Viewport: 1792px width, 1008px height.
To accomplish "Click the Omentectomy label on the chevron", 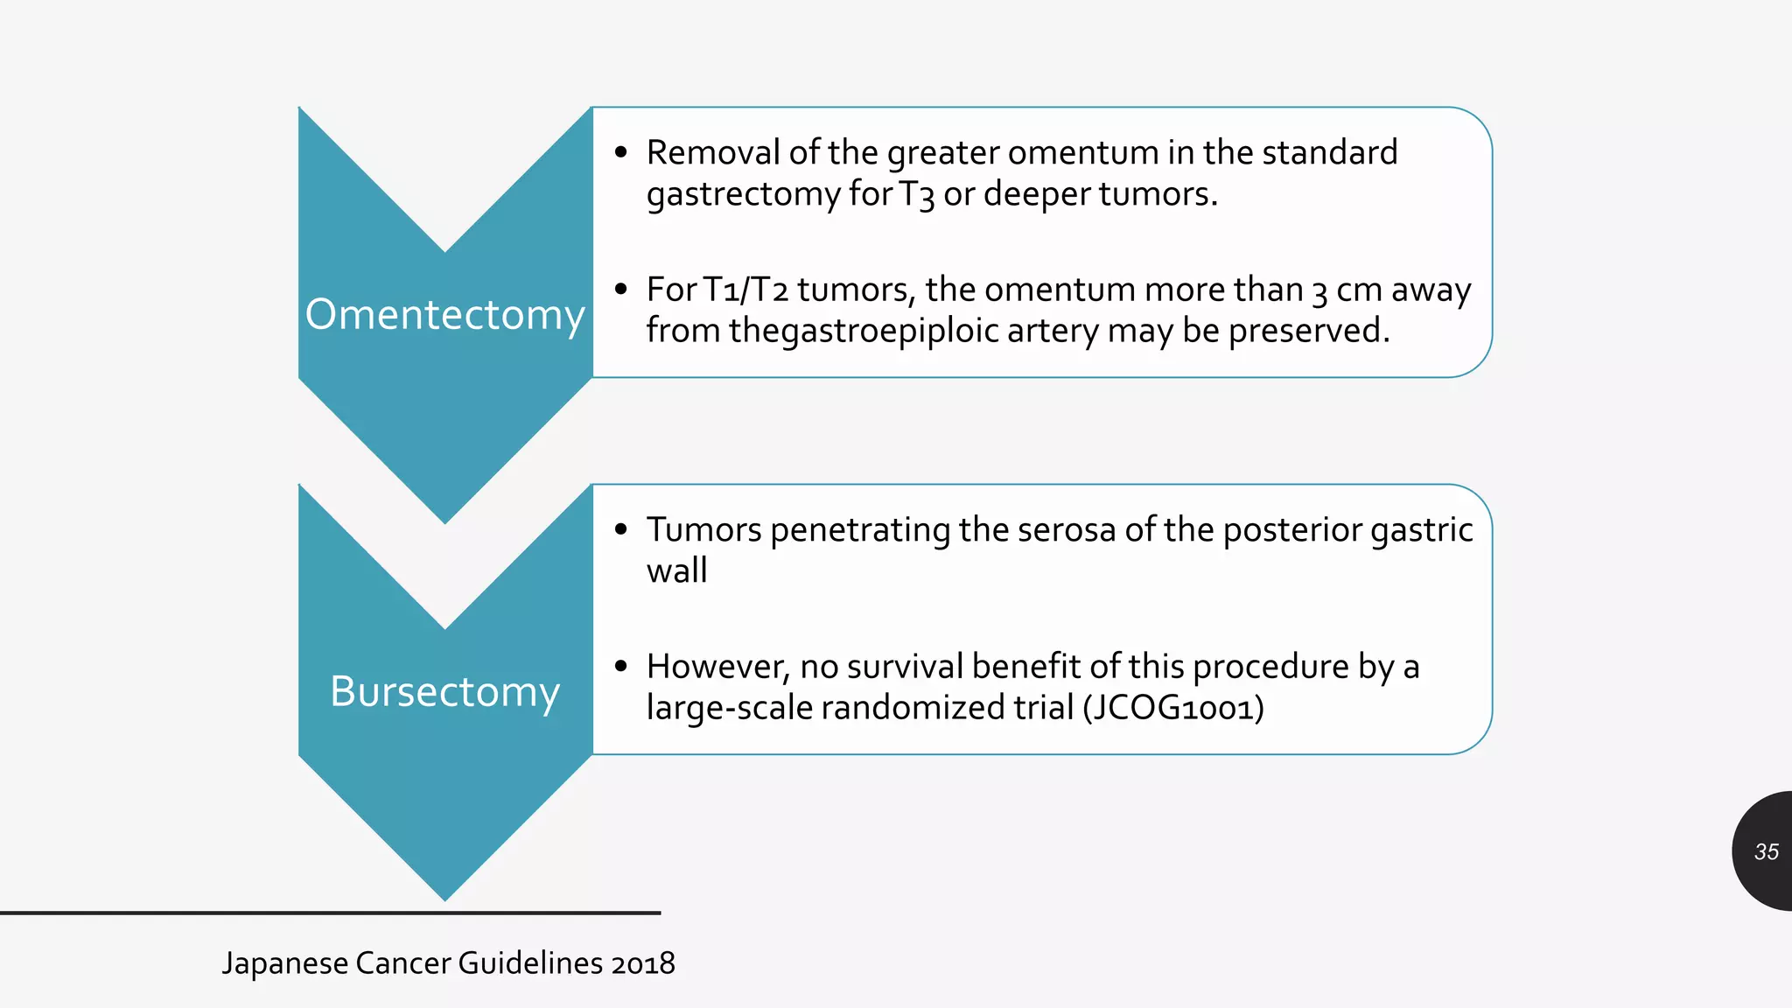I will (444, 315).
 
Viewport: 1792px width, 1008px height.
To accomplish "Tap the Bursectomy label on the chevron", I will (444, 692).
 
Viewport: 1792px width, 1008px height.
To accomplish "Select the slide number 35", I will (1766, 852).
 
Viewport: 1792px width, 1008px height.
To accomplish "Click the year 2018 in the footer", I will (643, 963).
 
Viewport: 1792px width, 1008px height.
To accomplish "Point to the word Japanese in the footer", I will (284, 963).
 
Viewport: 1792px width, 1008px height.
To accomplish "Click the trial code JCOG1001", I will (1172, 708).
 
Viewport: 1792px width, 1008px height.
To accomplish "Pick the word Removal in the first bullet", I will (712, 153).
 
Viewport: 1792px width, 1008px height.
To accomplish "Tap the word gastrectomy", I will (743, 194).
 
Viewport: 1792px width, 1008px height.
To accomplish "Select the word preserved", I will (1308, 331).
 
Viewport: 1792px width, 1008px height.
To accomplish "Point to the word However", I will (717, 667).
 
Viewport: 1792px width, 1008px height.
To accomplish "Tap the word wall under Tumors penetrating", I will (676, 571).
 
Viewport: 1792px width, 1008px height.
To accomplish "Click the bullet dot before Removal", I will (621, 153).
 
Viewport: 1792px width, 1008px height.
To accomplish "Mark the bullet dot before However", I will (621, 667).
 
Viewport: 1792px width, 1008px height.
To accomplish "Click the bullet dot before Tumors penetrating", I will (621, 530).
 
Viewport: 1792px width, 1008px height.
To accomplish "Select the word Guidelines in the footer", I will (530, 963).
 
